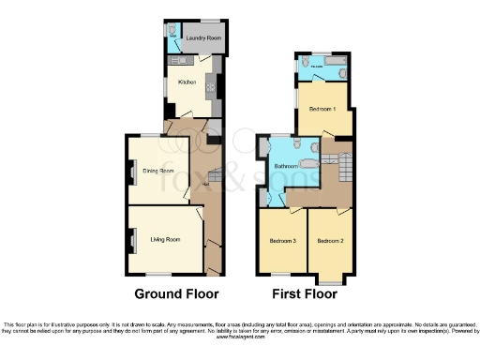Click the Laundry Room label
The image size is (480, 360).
click(202, 38)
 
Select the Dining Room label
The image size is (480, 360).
click(158, 172)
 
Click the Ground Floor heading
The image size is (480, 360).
click(177, 293)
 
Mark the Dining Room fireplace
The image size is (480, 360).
click(130, 172)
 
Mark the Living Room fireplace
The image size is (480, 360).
click(130, 239)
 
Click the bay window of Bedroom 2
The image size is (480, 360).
click(330, 278)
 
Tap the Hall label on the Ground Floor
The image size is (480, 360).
click(205, 184)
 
